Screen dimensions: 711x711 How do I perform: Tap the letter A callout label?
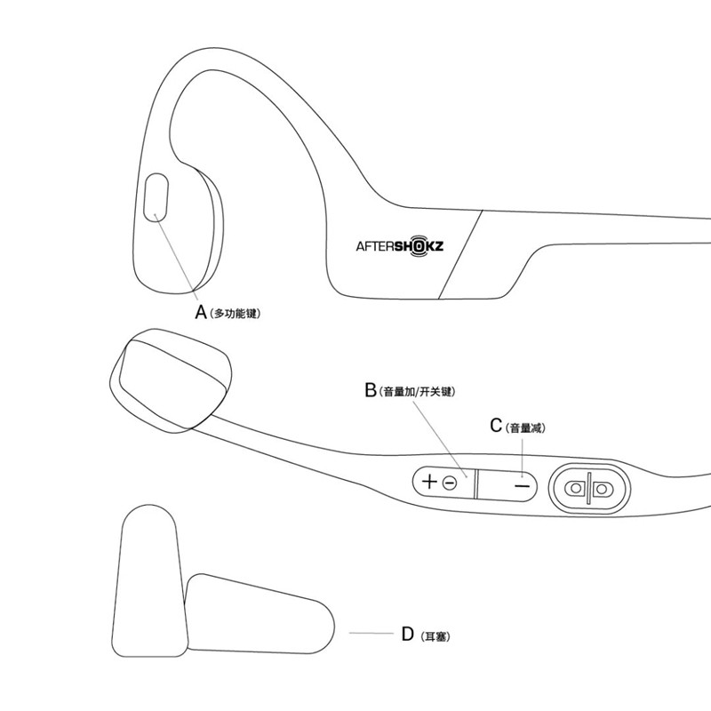(201, 313)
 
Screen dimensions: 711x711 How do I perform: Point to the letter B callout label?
(371, 389)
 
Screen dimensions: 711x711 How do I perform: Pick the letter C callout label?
(496, 426)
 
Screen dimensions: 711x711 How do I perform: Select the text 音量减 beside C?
(524, 427)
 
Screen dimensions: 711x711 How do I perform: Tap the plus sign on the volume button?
(429, 483)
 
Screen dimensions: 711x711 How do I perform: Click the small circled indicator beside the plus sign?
(450, 483)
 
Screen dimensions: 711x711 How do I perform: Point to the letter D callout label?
(408, 634)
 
